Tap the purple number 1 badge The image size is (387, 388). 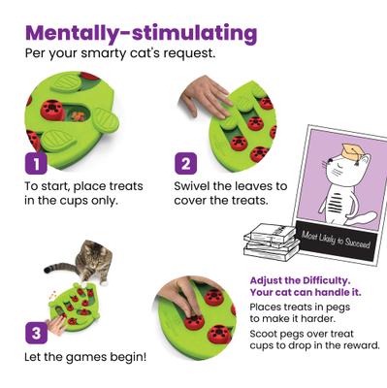tap(36, 162)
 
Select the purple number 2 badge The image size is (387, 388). tap(186, 162)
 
